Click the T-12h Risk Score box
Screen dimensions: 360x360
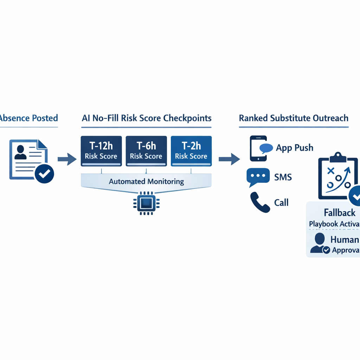(101, 151)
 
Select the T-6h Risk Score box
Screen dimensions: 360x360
(146, 151)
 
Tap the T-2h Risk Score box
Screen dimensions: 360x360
(191, 151)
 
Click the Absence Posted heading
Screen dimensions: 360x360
(29, 118)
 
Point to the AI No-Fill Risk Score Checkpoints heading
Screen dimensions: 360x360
(146, 118)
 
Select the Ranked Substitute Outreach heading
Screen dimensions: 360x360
(294, 118)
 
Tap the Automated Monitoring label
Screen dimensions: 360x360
(146, 182)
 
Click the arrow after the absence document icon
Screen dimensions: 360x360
(67, 159)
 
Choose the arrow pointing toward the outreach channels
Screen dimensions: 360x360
(229, 159)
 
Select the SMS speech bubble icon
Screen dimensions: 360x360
(258, 177)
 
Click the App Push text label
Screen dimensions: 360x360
(294, 148)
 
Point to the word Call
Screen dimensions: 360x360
(281, 202)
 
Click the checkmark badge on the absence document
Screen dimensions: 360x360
(44, 173)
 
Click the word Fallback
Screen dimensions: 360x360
(339, 213)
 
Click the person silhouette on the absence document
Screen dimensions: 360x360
(20, 152)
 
